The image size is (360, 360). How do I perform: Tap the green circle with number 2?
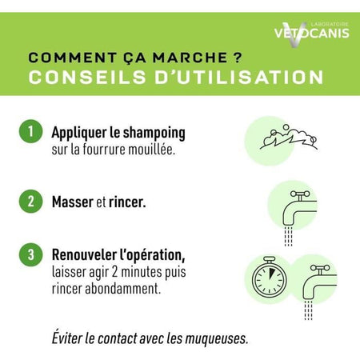(x=30, y=202)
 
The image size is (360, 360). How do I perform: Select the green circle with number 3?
(x=30, y=256)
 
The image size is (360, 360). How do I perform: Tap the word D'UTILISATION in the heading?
(x=235, y=78)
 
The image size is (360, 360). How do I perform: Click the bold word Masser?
(x=72, y=202)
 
